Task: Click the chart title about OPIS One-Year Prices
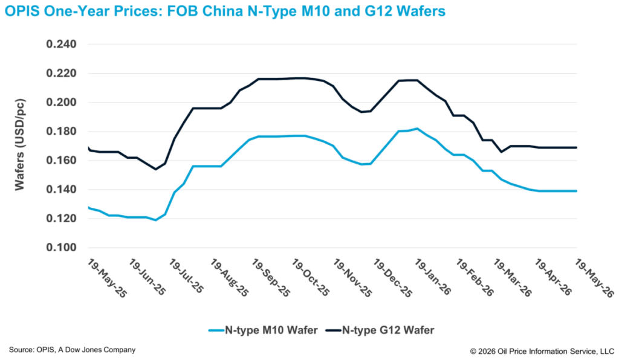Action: [225, 11]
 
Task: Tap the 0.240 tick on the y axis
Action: [61, 44]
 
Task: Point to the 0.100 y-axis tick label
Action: [61, 248]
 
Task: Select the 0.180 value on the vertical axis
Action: [61, 131]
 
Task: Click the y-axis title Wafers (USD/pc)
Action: [19, 145]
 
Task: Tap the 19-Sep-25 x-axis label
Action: [271, 278]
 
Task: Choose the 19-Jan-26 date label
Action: [433, 277]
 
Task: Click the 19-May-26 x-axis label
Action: [595, 278]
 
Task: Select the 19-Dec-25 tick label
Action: [393, 278]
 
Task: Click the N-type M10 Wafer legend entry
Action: [264, 330]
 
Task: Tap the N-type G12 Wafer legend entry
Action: [380, 330]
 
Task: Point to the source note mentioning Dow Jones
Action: [73, 350]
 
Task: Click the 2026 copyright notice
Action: [542, 352]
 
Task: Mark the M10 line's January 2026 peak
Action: [417, 129]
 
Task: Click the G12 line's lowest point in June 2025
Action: [155, 169]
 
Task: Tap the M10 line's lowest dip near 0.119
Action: [155, 220]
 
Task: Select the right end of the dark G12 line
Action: [576, 147]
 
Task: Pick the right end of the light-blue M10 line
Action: [576, 191]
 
